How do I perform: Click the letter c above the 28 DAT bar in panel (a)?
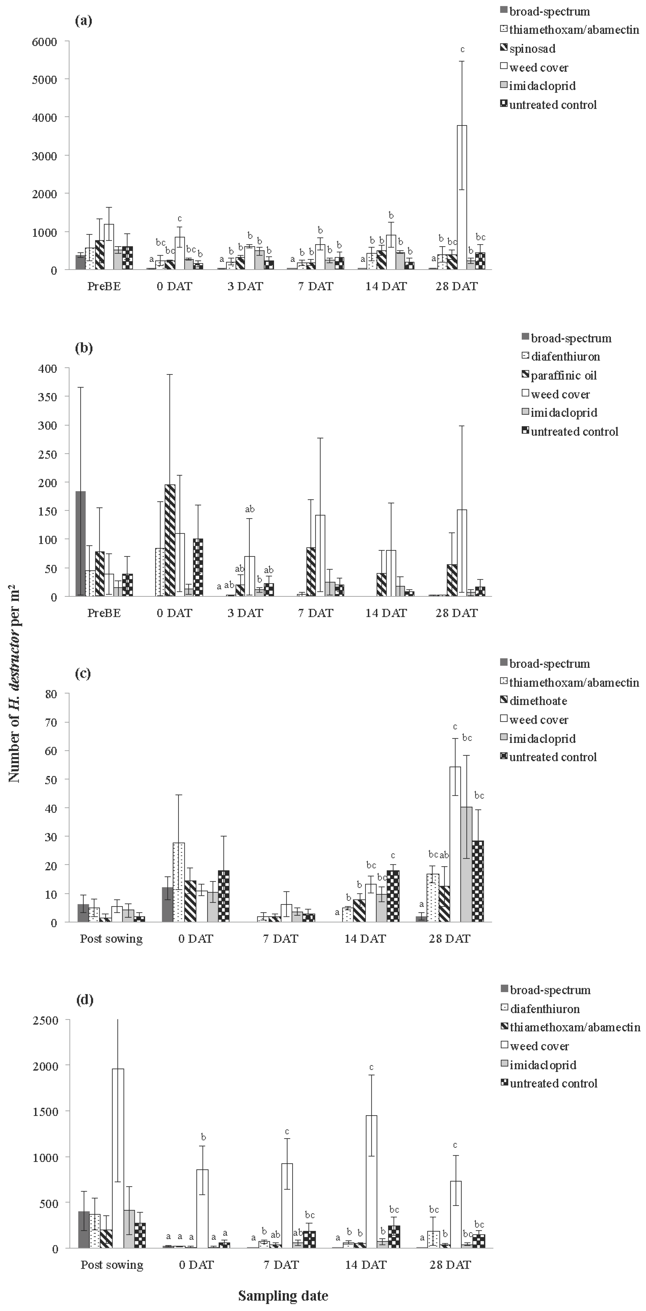462,49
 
